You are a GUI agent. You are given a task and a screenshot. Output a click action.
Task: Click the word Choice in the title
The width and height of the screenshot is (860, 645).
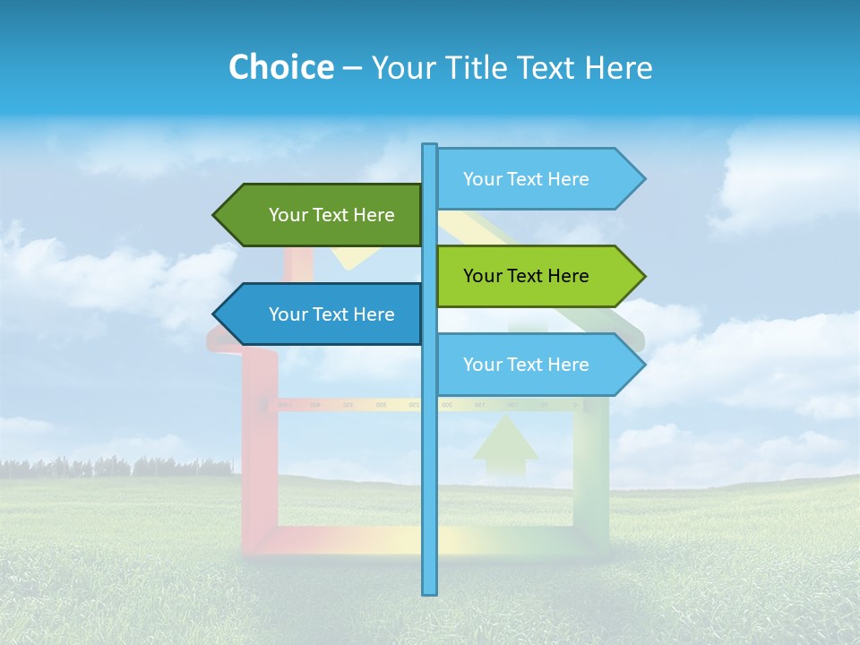(280, 67)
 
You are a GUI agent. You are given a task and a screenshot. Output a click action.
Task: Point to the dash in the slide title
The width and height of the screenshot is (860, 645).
(352, 68)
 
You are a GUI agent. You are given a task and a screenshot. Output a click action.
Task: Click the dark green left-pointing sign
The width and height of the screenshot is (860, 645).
(331, 215)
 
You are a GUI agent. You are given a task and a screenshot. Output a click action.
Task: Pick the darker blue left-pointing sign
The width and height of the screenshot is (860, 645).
(331, 314)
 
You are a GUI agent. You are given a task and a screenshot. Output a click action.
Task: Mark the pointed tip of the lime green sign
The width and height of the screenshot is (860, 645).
(642, 276)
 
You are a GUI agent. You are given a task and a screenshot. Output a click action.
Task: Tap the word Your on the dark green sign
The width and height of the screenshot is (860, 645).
(288, 215)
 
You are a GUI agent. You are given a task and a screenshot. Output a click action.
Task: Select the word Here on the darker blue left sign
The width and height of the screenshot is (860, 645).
(374, 314)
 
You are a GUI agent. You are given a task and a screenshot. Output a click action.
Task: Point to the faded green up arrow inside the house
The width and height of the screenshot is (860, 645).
(506, 443)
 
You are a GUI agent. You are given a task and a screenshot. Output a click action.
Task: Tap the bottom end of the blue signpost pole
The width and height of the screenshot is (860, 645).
(430, 591)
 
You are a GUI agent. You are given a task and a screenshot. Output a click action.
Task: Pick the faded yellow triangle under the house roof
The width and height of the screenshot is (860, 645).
(351, 258)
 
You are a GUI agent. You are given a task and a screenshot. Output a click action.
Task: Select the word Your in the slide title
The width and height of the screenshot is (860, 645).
(401, 68)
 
